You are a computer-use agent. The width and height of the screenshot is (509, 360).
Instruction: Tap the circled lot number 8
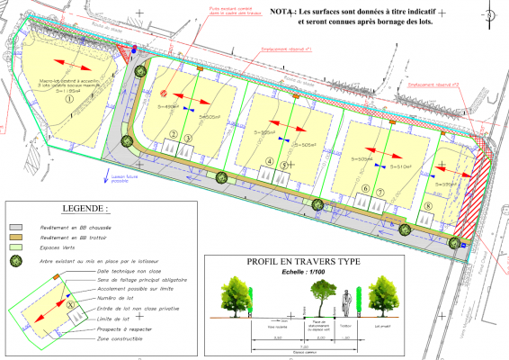429,206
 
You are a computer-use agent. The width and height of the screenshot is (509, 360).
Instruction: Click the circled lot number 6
365,189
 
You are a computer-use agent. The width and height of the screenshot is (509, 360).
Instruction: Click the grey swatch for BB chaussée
16,227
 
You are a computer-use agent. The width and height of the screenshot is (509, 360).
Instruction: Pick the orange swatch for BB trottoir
16,237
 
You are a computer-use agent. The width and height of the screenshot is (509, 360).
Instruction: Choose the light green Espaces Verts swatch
16,247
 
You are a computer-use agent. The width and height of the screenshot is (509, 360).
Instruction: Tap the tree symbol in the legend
16,261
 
